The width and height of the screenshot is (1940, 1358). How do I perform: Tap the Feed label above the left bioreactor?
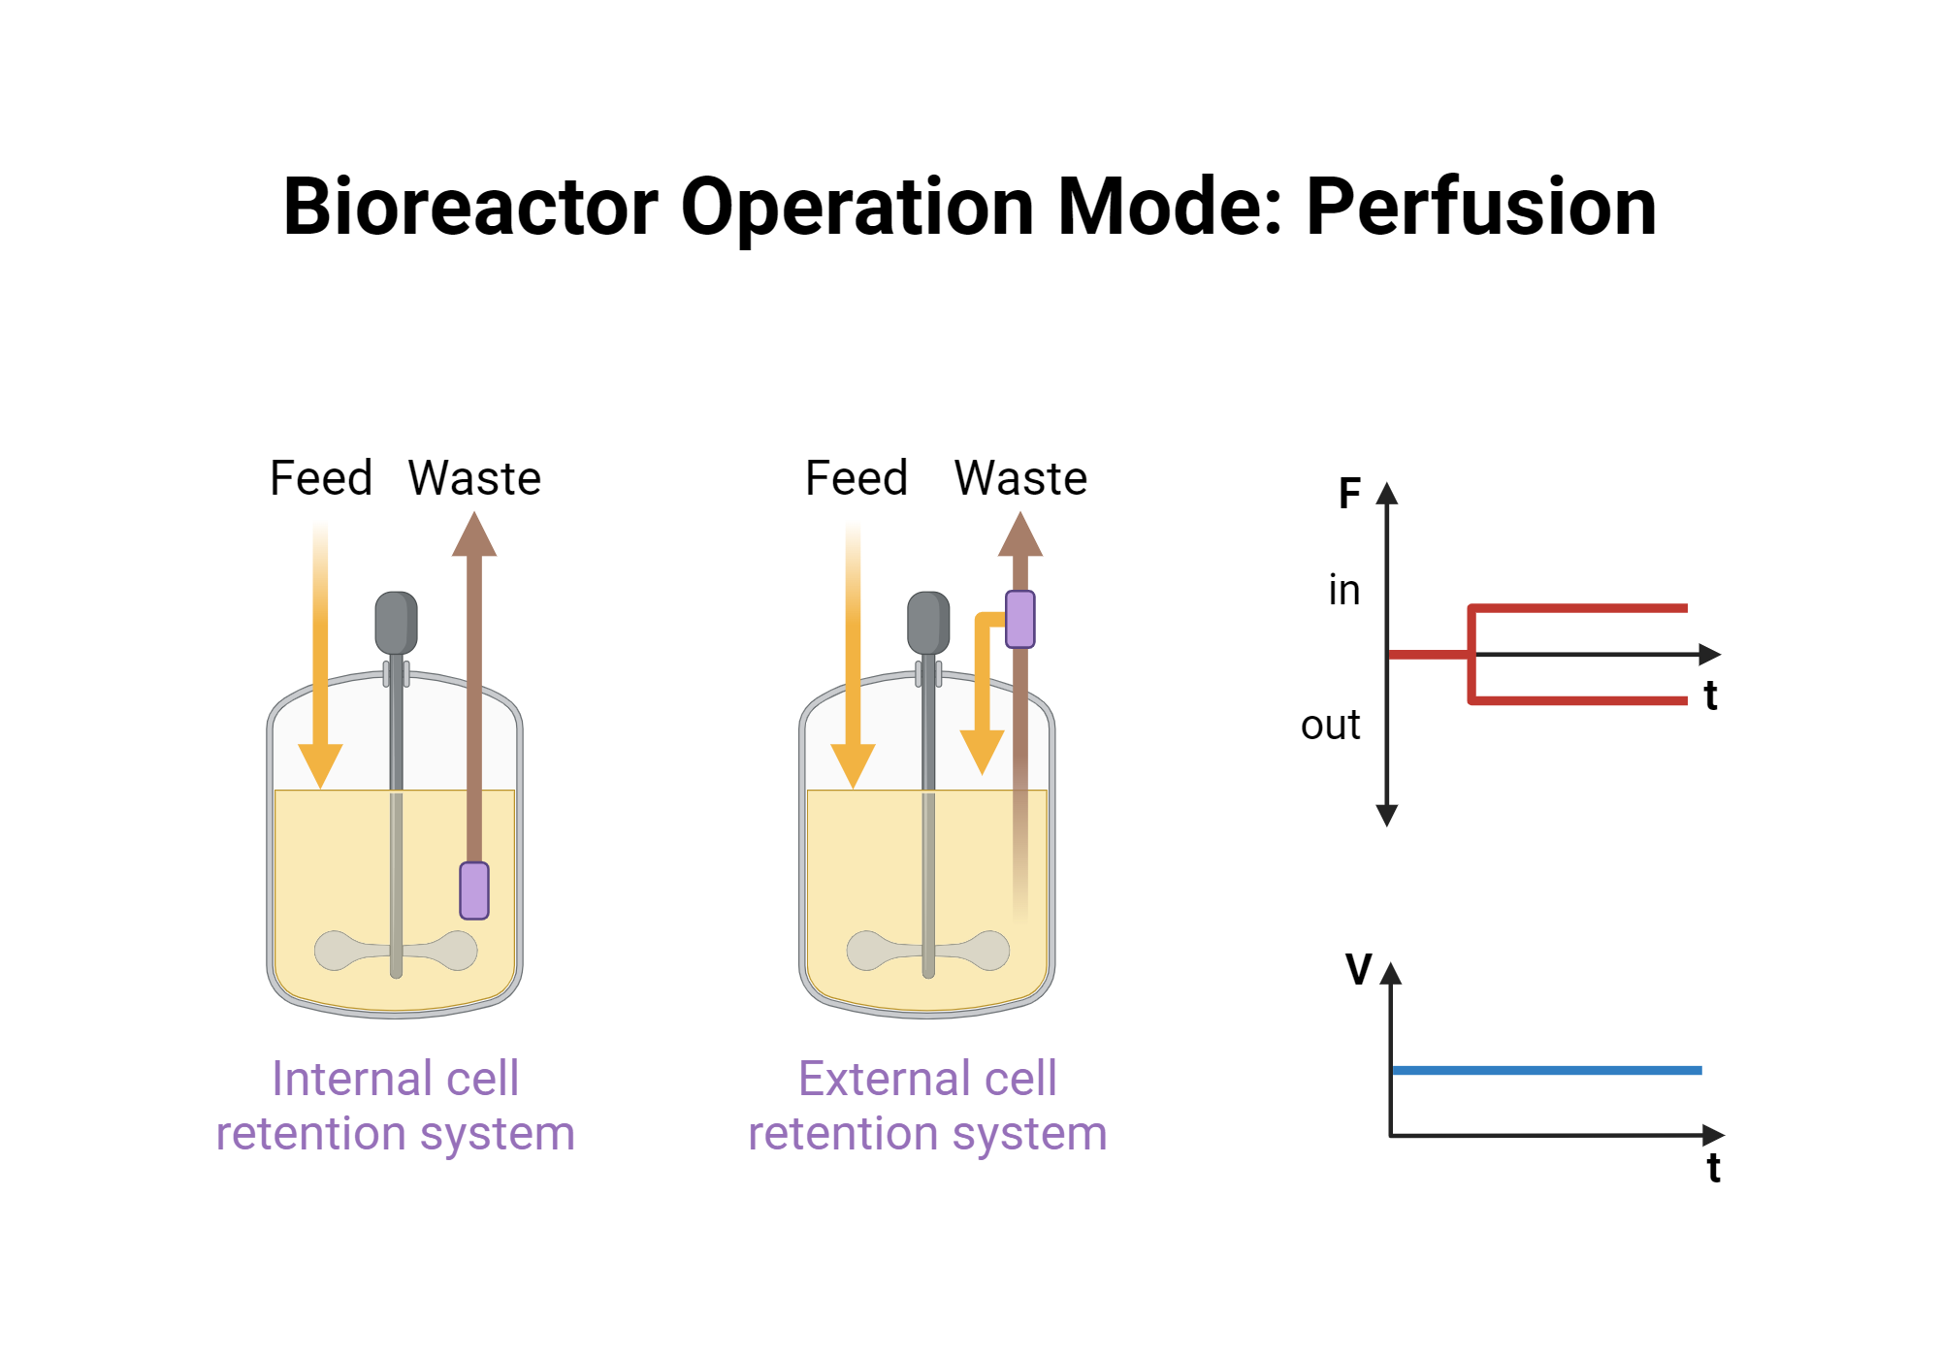point(321,478)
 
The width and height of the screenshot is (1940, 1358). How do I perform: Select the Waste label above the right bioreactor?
point(1020,478)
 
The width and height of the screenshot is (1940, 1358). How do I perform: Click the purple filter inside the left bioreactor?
point(474,889)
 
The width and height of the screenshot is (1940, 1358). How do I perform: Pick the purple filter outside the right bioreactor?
point(1020,619)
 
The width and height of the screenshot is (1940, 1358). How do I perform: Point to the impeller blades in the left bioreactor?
point(396,951)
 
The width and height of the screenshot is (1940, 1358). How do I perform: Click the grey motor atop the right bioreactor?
point(928,623)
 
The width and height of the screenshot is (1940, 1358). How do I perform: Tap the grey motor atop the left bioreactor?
point(396,623)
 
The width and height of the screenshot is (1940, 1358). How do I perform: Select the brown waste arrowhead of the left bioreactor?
point(474,535)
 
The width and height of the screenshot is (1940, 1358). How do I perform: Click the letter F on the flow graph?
point(1349,494)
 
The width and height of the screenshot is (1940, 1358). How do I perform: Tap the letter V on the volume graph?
point(1359,969)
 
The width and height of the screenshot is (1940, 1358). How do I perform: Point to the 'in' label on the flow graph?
point(1344,590)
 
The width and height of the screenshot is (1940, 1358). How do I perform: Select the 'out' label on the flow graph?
point(1331,726)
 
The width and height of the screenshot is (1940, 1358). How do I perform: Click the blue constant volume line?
point(1546,1070)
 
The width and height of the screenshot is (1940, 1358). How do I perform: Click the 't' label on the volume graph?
point(1714,1168)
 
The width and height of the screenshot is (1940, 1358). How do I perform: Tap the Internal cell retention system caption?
point(396,1106)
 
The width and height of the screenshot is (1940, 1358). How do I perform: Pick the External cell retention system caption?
point(927,1106)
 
